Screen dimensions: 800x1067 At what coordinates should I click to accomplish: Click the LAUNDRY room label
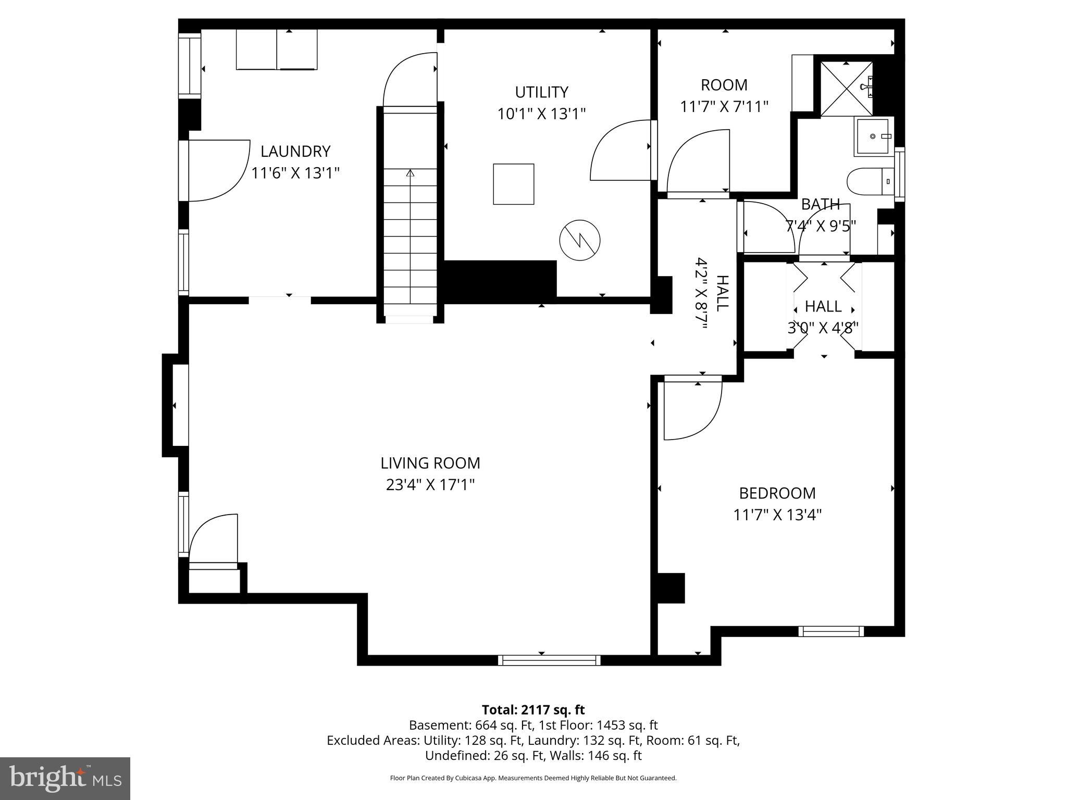click(x=295, y=152)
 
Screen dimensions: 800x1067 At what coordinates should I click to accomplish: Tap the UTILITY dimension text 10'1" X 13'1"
click(x=541, y=114)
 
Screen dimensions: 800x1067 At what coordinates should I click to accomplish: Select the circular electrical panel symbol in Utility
click(x=579, y=241)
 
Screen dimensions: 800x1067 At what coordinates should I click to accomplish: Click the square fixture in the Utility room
click(x=513, y=184)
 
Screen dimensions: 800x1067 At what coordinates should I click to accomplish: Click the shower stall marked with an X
click(x=846, y=89)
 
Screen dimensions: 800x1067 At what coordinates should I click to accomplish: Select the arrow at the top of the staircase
click(x=410, y=173)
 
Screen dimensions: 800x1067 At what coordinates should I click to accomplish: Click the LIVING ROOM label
click(x=430, y=463)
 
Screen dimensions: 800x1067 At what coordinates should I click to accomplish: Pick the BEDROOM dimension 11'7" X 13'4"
click(x=777, y=515)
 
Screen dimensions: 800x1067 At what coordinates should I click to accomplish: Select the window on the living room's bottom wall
click(x=549, y=660)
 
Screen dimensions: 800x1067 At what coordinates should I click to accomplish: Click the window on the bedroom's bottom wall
click(x=830, y=631)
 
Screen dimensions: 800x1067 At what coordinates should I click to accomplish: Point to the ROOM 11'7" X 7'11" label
click(x=724, y=96)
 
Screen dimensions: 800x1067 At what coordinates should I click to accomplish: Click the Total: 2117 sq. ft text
click(x=533, y=710)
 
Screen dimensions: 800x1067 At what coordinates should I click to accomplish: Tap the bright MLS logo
click(x=65, y=778)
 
